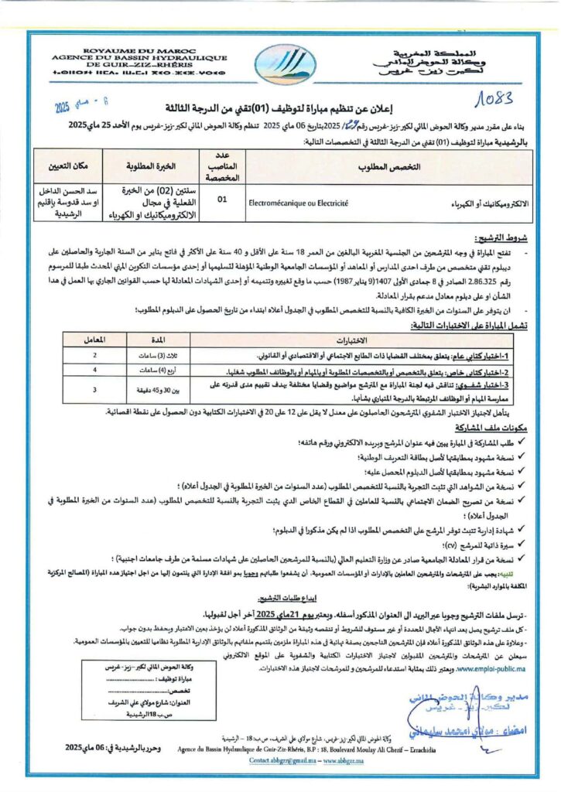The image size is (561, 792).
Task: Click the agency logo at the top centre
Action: point(281,63)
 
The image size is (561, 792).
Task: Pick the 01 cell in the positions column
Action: point(223,200)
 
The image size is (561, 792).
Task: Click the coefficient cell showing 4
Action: point(94,370)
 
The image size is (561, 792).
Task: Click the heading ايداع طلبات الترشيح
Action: point(299,598)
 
